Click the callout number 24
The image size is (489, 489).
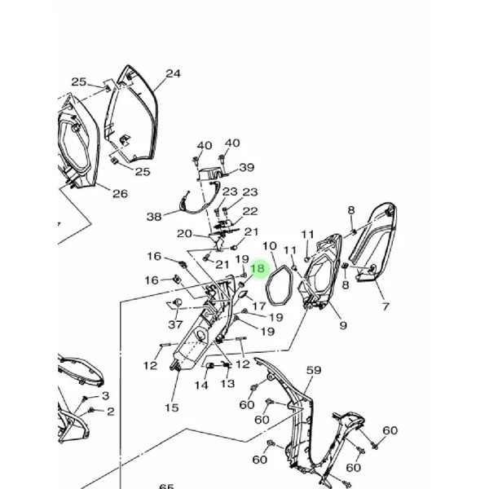173,73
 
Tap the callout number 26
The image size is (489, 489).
120,193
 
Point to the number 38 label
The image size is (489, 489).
155,217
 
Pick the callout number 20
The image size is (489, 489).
184,234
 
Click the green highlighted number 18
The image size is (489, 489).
258,268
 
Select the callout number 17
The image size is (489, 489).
258,306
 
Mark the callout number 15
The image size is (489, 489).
171,407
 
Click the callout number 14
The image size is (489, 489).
201,385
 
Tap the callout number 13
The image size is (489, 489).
227,383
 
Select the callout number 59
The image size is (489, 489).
314,371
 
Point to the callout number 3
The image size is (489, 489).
105,395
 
